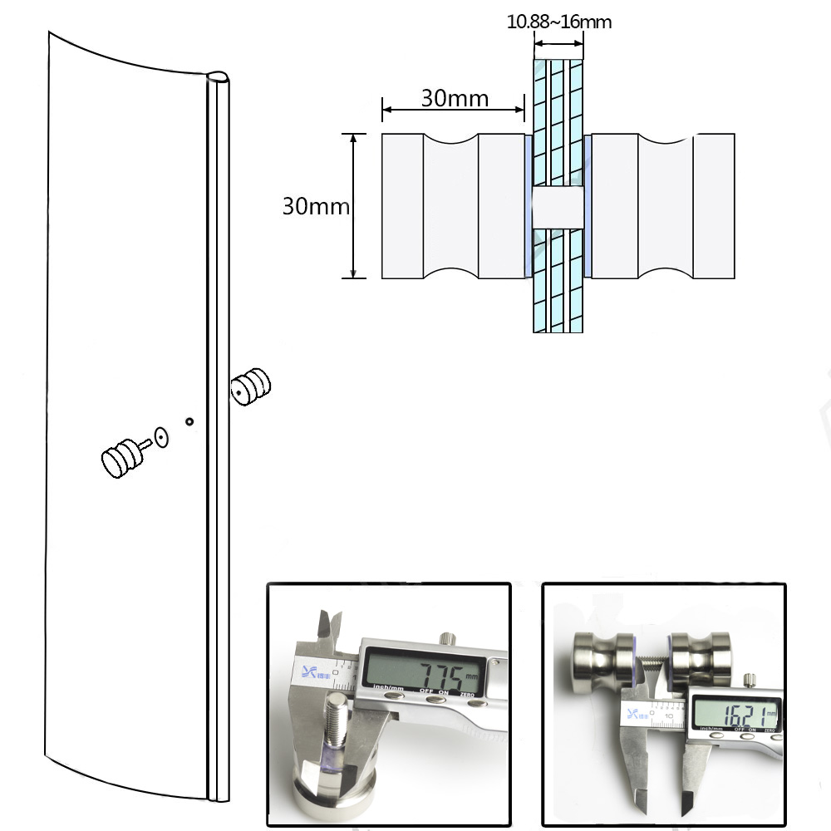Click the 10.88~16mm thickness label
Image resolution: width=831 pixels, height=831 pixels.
pos(558,22)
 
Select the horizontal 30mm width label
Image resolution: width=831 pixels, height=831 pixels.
pos(454,98)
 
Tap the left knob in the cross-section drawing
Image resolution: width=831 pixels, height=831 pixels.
pos(452,205)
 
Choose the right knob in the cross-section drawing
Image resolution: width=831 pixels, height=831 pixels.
pos(662,205)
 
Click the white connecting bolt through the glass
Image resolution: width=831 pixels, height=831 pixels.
pos(558,206)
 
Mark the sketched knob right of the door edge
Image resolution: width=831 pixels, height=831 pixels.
pos(251,386)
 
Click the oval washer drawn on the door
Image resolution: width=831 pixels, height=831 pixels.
pos(161,437)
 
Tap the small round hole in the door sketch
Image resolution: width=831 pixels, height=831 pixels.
pos(189,422)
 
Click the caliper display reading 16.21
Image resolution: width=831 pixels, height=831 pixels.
pos(735,714)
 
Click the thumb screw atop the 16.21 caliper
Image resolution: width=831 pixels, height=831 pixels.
pos(750,680)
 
